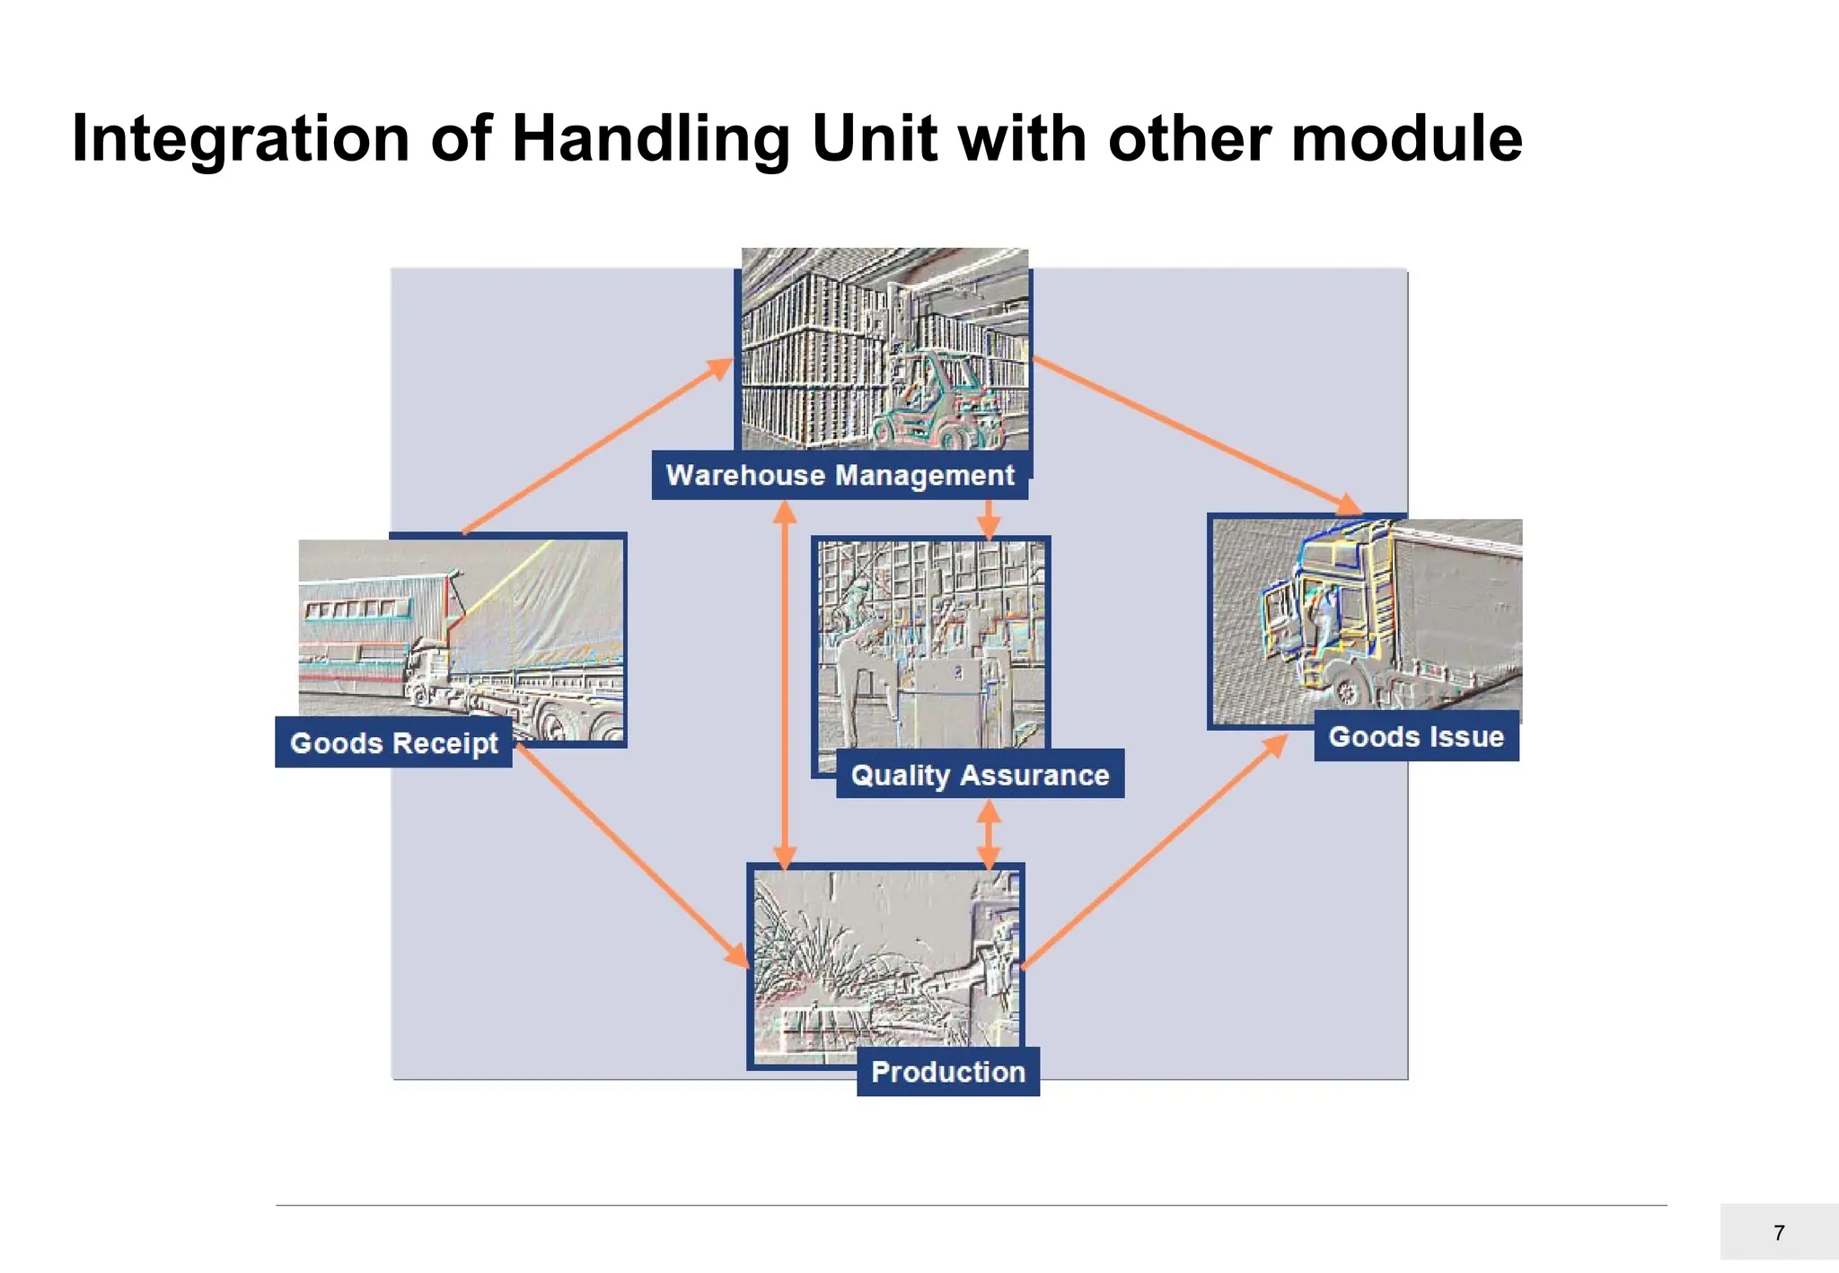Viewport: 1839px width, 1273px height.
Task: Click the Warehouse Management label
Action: [x=840, y=475]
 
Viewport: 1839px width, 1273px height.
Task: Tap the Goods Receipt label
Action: [x=393, y=742]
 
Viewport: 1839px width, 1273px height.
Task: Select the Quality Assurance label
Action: [x=980, y=774]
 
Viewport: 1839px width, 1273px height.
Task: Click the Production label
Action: [x=948, y=1071]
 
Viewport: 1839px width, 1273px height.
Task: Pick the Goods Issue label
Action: [x=1416, y=736]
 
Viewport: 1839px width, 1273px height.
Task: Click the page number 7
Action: [x=1779, y=1233]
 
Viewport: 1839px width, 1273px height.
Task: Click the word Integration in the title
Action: [x=241, y=139]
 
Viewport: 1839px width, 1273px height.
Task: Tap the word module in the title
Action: [x=1405, y=139]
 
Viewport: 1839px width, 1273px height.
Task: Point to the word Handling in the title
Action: [x=650, y=139]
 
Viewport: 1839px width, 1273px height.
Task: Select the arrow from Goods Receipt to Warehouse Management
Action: [x=597, y=446]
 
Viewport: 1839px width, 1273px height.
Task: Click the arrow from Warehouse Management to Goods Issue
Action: [x=1194, y=435]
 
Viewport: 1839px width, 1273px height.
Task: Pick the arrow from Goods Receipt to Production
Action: [x=631, y=856]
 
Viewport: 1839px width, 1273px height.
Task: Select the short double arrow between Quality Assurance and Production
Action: [x=989, y=834]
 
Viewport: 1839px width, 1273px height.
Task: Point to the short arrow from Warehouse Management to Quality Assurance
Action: [x=989, y=518]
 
